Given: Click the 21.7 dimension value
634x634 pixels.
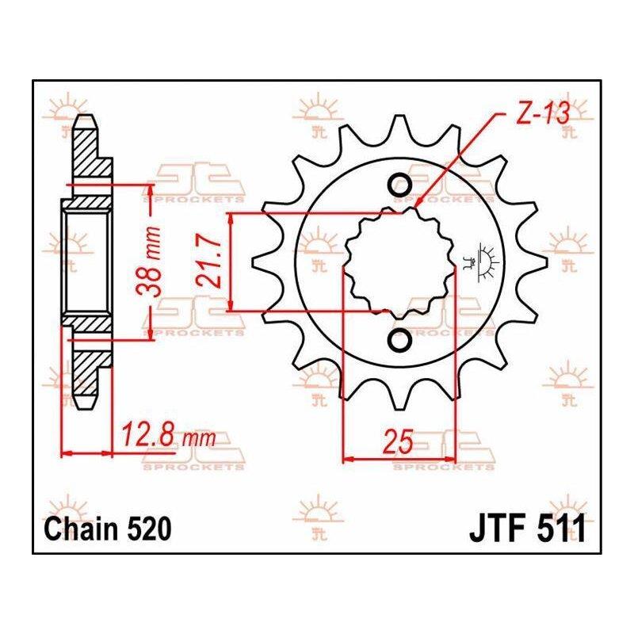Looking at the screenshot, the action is pyautogui.click(x=210, y=262).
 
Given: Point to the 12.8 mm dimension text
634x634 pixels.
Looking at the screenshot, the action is pyautogui.click(x=168, y=433).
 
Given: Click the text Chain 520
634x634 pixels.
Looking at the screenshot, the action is pyautogui.click(x=108, y=529).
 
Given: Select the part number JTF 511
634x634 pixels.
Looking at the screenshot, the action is pyautogui.click(x=527, y=529).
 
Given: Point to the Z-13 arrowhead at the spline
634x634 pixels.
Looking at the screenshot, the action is pyautogui.click(x=418, y=202).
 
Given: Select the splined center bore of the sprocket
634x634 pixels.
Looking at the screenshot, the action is pyautogui.click(x=399, y=262).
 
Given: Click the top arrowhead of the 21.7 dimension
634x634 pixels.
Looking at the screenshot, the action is pyautogui.click(x=231, y=218).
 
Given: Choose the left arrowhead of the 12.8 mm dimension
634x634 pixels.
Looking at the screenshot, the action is pyautogui.click(x=67, y=453).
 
